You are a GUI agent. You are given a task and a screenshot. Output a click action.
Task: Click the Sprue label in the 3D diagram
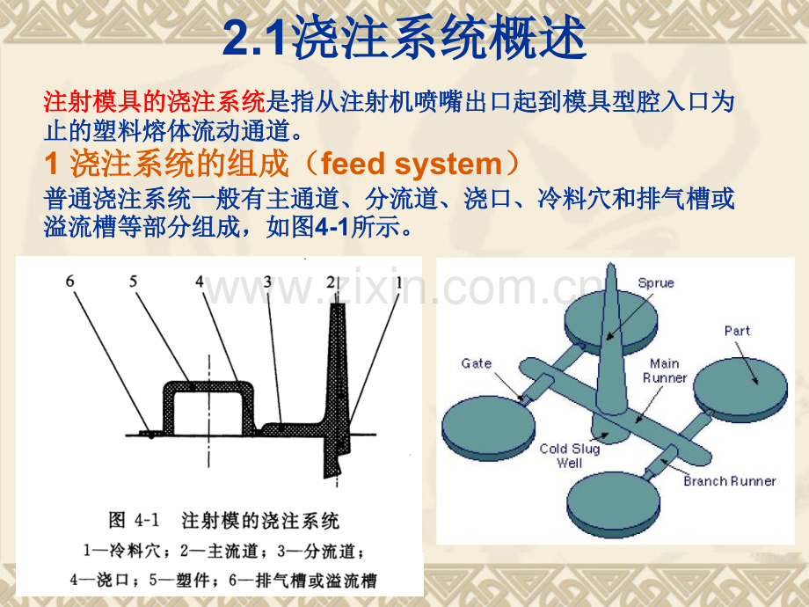click(656, 283)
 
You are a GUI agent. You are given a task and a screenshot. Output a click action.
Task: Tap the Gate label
click(477, 363)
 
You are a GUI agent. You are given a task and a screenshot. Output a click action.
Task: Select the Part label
click(737, 331)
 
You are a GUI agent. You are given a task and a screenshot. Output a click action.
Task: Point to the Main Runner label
click(665, 370)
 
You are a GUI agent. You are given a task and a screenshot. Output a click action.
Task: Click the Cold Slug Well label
click(570, 456)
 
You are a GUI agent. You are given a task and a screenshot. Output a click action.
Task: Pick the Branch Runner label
click(730, 481)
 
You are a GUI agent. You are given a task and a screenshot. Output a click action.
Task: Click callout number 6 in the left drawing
click(70, 282)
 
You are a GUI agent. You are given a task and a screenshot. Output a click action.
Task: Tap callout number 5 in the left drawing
click(133, 282)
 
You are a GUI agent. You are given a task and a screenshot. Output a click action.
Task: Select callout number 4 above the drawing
click(200, 282)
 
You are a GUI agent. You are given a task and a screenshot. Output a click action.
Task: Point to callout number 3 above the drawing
click(267, 282)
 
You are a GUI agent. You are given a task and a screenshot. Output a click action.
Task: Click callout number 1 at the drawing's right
click(398, 282)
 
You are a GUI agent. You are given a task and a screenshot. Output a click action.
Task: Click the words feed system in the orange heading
click(412, 164)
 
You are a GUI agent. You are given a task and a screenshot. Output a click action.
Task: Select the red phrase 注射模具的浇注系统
click(154, 102)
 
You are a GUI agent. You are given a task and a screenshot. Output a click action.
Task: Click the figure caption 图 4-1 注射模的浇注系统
click(223, 520)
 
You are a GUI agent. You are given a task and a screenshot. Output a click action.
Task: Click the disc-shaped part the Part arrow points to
click(740, 388)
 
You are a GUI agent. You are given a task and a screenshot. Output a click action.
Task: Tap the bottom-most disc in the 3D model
click(613, 503)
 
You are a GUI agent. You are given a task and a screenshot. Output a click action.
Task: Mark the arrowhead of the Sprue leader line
click(609, 338)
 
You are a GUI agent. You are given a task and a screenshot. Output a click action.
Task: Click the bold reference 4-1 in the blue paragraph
click(332, 227)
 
